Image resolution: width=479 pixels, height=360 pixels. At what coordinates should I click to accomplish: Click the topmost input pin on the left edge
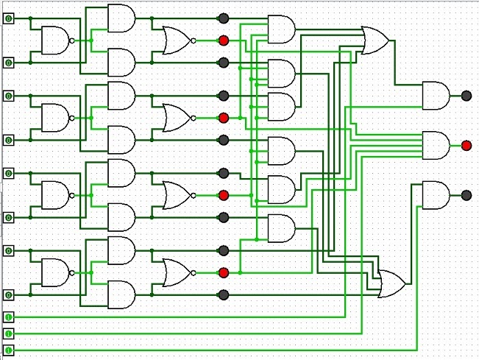[8, 18]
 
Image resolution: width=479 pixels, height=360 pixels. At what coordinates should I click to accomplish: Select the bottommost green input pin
[8, 350]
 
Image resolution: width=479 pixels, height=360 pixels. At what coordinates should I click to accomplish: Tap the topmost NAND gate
[54, 40]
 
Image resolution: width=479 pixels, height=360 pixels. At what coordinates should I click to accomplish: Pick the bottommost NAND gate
[54, 272]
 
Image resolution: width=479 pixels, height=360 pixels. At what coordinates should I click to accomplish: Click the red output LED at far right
[466, 145]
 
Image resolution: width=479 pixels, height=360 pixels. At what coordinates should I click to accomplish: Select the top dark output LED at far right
[466, 95]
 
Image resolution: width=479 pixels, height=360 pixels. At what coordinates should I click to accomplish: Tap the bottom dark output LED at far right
[466, 195]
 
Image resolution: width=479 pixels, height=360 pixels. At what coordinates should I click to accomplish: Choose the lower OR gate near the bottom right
[389, 283]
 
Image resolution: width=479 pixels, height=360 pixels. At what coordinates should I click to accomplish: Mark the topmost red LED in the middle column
[224, 40]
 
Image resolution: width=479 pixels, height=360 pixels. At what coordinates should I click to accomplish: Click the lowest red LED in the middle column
[224, 272]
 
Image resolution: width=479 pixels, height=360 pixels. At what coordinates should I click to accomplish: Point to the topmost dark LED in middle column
[224, 18]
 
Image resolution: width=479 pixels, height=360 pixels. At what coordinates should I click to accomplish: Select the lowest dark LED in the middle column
[224, 295]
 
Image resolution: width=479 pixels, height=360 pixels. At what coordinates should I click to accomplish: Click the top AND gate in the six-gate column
[280, 29]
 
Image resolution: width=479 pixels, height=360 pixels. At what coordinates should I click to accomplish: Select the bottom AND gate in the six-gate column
[280, 228]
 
